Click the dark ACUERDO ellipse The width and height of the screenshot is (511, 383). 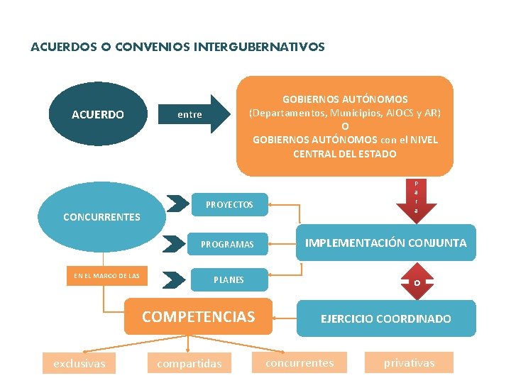click(98, 114)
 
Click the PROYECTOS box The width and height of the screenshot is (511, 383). click(229, 204)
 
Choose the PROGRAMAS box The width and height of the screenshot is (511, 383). click(227, 244)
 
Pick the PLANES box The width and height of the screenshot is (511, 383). click(229, 279)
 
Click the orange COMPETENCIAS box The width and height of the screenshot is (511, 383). click(199, 316)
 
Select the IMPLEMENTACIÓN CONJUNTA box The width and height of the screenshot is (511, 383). click(385, 243)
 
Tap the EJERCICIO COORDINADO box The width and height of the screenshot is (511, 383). click(385, 318)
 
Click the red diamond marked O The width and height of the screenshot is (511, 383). click(417, 283)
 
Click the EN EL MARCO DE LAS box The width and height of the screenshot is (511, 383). click(106, 276)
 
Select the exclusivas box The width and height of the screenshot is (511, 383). click(79, 364)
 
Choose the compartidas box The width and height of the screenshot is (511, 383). click(189, 364)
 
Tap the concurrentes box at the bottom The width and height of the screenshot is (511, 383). click(299, 362)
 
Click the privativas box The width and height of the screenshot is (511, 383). click(409, 362)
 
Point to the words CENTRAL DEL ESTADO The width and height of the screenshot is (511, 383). click(345, 153)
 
